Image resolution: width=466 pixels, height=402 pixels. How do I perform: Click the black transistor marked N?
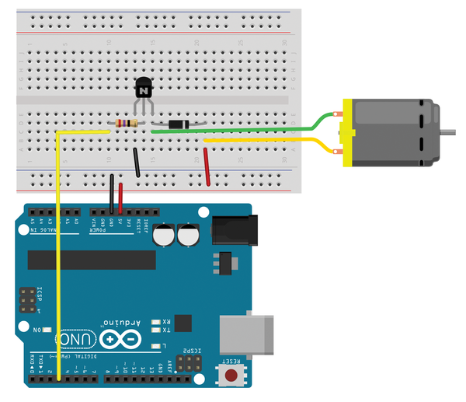click(x=144, y=90)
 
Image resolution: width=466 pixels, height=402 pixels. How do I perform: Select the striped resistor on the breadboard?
click(x=125, y=124)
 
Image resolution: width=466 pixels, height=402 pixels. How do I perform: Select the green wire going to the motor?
click(x=233, y=131)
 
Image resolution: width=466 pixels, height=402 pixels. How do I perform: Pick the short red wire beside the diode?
click(x=207, y=166)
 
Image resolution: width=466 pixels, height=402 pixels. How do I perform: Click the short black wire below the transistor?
click(x=137, y=163)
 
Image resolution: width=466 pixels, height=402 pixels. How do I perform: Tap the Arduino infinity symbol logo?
click(x=120, y=339)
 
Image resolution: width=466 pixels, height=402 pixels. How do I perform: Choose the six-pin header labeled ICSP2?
click(x=187, y=364)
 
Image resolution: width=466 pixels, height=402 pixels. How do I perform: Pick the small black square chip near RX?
click(x=183, y=323)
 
